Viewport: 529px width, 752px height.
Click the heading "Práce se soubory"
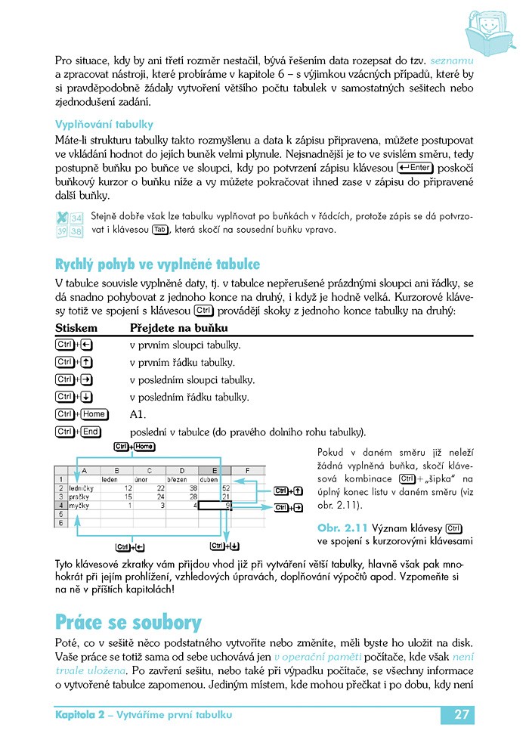pyautogui.click(x=128, y=622)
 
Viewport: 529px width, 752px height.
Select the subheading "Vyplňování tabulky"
pyautogui.click(x=104, y=124)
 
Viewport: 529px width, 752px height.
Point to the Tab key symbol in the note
pyautogui.click(x=159, y=230)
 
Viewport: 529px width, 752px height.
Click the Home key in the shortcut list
pyautogui.click(x=94, y=414)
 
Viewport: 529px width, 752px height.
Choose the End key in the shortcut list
pyautogui.click(x=91, y=432)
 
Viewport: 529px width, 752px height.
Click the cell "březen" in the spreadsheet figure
pyautogui.click(x=178, y=479)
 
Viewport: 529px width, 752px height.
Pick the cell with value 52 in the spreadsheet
pyautogui.click(x=225, y=488)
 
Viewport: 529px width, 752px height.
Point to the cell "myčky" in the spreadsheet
pyautogui.click(x=80, y=505)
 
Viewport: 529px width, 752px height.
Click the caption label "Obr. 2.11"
pyautogui.click(x=340, y=527)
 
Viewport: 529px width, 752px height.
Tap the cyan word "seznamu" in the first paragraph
pyautogui.click(x=451, y=60)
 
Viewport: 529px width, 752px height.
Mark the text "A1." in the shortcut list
pyautogui.click(x=138, y=414)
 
